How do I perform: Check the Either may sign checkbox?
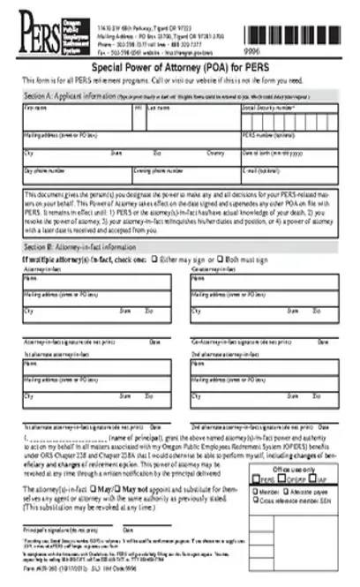pyautogui.click(x=155, y=260)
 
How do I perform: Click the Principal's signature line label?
pyautogui.click(x=58, y=529)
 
